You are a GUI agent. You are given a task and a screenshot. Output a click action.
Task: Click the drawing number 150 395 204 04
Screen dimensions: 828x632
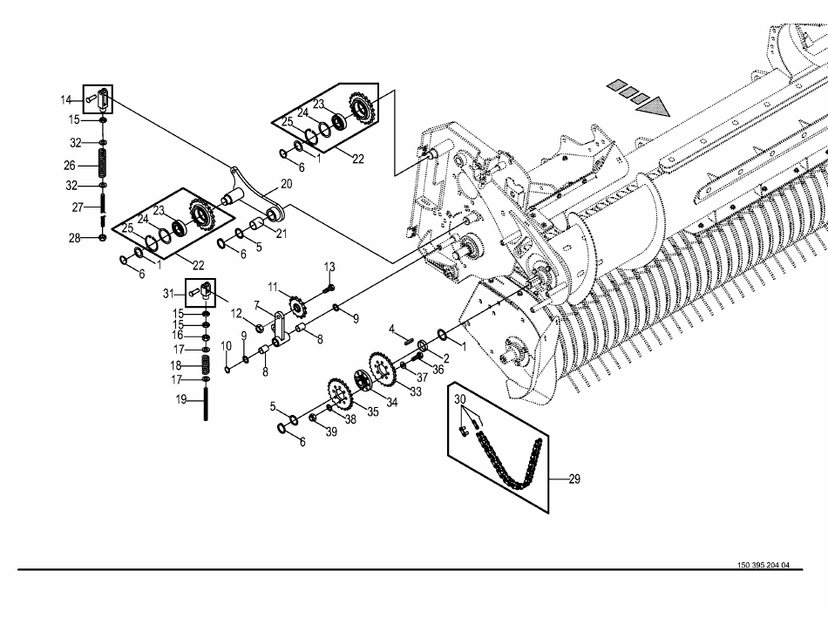(x=764, y=565)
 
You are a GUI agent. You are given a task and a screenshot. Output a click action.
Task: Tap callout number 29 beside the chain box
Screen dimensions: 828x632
(x=574, y=479)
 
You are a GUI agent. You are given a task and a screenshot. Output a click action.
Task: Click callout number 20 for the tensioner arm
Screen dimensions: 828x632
(x=286, y=184)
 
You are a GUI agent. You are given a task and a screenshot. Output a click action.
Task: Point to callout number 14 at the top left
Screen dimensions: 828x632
(x=66, y=99)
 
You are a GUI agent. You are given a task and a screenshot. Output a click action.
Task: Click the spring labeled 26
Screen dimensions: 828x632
(x=103, y=164)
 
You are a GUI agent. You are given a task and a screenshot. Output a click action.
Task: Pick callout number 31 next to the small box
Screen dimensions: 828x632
(x=168, y=293)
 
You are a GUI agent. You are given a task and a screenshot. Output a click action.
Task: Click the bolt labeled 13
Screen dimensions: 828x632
(x=329, y=289)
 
